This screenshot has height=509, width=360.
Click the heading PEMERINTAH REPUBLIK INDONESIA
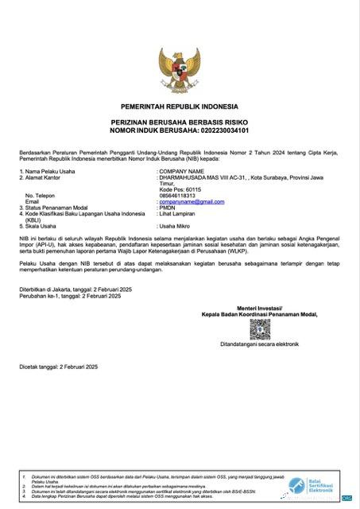(x=180, y=106)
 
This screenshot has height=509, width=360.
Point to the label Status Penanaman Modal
(x=64, y=208)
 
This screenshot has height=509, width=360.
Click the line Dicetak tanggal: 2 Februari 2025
(x=58, y=366)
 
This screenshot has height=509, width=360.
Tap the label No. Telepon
(x=41, y=196)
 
